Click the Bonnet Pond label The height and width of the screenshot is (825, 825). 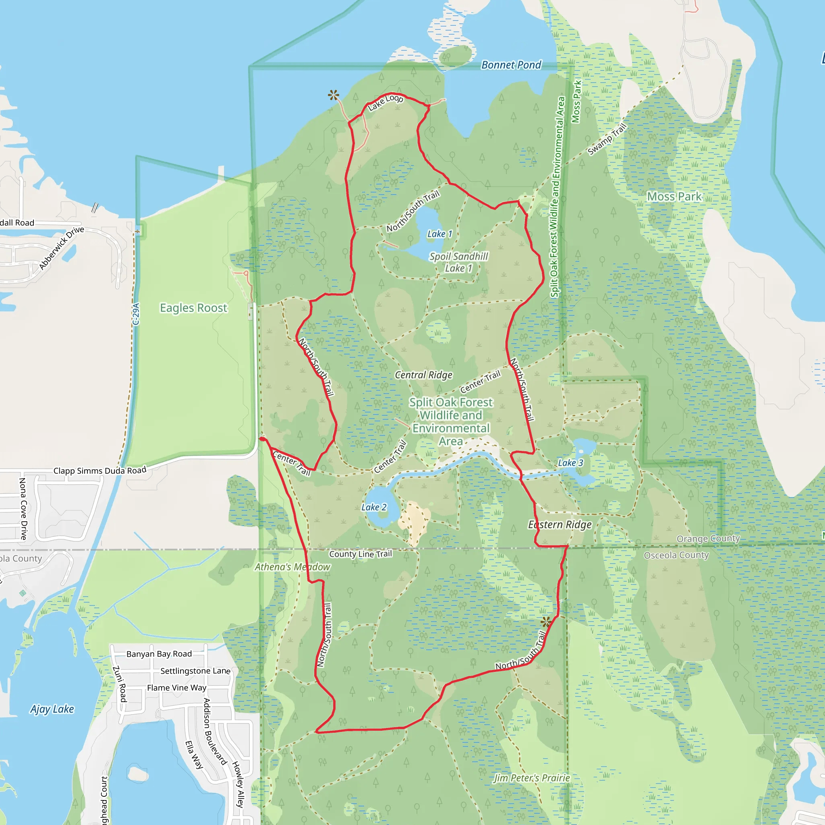coord(511,65)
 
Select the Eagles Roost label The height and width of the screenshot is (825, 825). coord(193,308)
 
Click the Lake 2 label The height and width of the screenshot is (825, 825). coord(374,507)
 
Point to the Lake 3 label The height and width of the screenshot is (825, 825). coord(570,463)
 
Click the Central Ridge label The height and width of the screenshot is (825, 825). coord(423,375)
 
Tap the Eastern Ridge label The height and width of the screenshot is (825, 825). coord(560,525)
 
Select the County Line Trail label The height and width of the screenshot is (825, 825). coord(361,554)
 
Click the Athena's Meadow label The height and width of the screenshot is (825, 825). coord(292,567)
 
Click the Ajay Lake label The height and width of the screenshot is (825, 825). coord(52,709)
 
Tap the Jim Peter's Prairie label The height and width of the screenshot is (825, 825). coord(532,778)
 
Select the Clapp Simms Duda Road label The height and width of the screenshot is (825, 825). coord(99,471)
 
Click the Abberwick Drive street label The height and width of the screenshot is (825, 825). coord(62,248)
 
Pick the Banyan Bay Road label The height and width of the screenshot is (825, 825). coord(159,654)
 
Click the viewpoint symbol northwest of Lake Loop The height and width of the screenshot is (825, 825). coord(334,95)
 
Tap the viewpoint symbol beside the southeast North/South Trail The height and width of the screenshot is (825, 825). coord(546,622)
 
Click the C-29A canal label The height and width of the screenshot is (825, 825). coord(136,314)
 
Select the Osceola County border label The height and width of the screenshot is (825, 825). coord(676,556)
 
